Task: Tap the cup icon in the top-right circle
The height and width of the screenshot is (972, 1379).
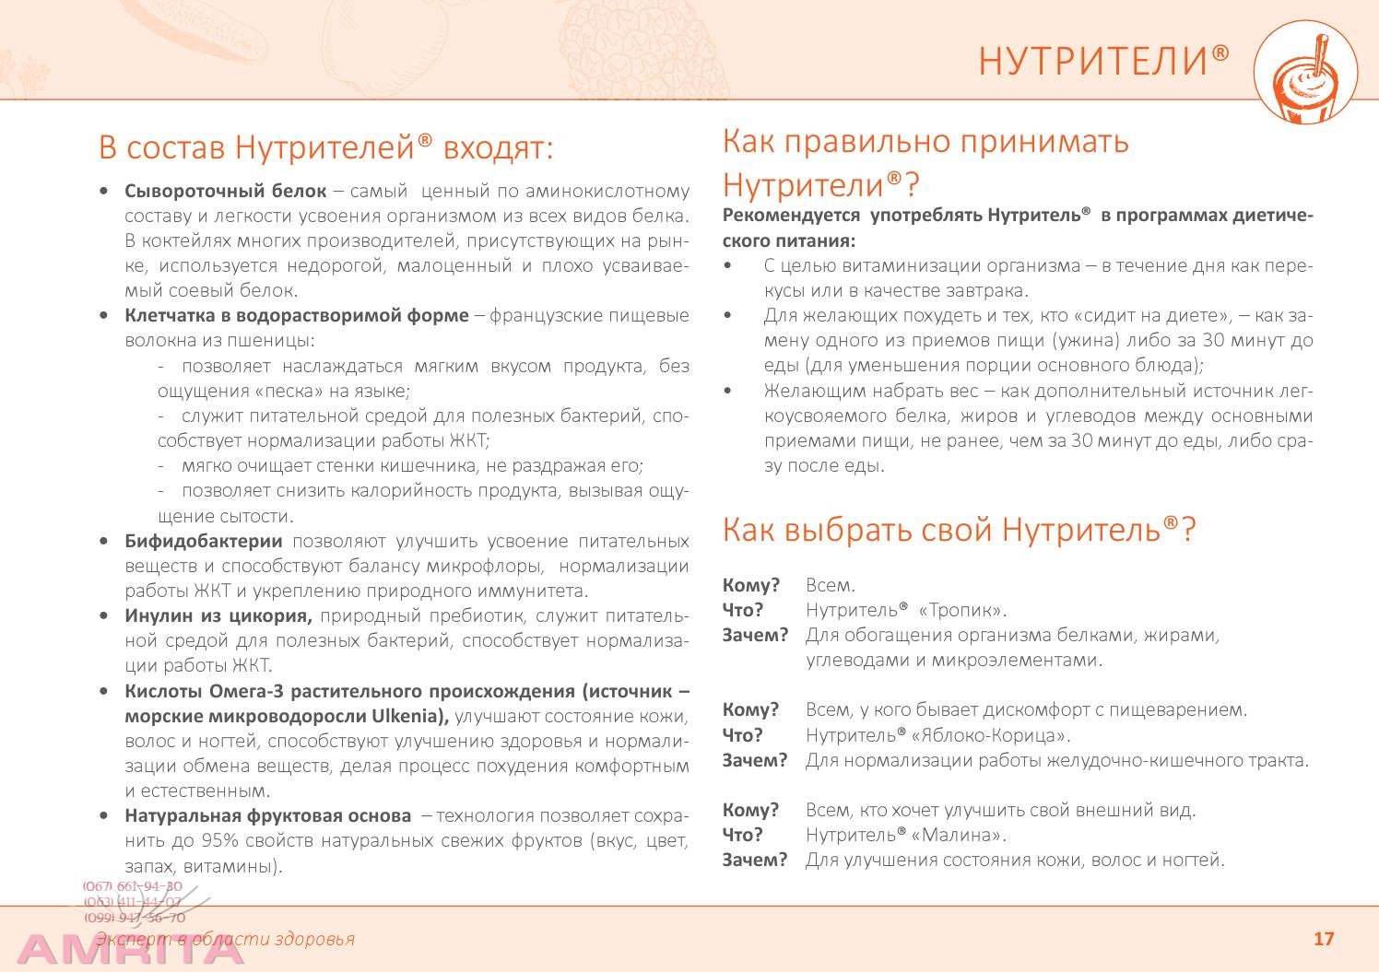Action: pos(1305,74)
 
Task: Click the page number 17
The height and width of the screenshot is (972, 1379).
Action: pos(1323,939)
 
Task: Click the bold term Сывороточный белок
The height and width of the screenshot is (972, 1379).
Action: pos(226,192)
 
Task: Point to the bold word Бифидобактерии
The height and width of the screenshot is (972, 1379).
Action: pos(204,541)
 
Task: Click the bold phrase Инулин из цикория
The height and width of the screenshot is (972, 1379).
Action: pos(218,615)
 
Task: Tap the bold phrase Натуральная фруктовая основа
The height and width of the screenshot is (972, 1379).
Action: pos(268,815)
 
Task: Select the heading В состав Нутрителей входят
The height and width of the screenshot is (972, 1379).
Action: pos(325,147)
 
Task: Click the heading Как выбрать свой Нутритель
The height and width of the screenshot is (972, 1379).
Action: pos(959,530)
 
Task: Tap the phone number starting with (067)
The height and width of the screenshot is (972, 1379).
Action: pos(133,886)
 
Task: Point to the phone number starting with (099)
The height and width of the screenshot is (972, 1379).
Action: pos(135,918)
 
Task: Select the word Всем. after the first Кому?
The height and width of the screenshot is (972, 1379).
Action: pos(831,585)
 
